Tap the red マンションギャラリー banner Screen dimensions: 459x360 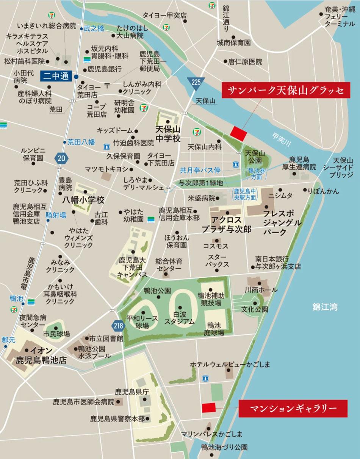tap(293, 408)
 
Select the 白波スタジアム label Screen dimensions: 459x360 tap(179, 318)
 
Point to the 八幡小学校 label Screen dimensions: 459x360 tap(83, 200)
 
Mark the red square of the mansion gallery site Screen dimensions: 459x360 tap(208, 408)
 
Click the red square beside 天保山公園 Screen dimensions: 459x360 tap(239, 133)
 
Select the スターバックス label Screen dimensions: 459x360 tap(217, 260)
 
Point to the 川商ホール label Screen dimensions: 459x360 tap(261, 290)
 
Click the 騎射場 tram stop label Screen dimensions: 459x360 tap(56, 215)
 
